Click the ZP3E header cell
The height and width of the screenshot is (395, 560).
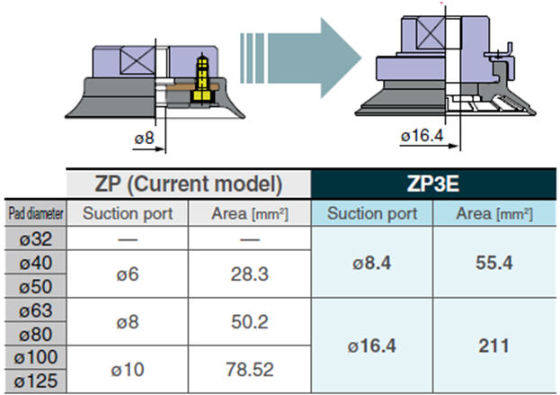433,184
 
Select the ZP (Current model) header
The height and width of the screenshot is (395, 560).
189,184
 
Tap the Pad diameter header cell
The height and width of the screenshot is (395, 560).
36,213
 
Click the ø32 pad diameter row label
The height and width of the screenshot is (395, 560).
36,238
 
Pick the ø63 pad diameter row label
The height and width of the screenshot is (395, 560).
36,310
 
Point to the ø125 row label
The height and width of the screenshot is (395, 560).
36,382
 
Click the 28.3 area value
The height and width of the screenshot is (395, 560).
249,274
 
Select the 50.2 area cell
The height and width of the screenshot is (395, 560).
249,322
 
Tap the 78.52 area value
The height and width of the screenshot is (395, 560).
249,369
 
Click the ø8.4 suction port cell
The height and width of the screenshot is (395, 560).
372,263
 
